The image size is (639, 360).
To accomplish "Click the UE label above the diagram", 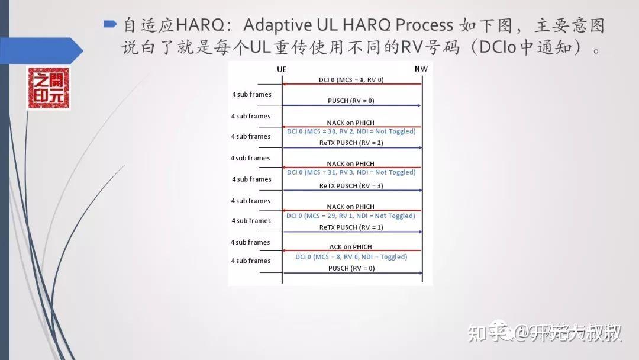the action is click(x=282, y=69).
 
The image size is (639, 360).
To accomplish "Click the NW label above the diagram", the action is click(x=421, y=69).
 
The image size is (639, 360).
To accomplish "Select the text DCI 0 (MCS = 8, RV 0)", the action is click(x=351, y=79).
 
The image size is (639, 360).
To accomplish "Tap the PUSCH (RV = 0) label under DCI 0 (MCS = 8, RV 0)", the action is click(x=351, y=101).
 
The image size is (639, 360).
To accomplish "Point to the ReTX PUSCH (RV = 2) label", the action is click(x=351, y=143).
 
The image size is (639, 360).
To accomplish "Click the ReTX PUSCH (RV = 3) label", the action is click(x=351, y=186).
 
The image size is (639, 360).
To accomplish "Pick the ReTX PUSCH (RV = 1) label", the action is click(x=351, y=227).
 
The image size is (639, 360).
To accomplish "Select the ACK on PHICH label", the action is click(x=351, y=246).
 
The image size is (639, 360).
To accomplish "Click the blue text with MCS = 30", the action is click(x=351, y=131).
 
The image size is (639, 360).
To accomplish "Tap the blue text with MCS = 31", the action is click(x=351, y=172).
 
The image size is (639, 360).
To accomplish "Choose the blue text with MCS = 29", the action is click(x=351, y=216).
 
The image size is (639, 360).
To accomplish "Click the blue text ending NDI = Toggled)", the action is click(x=351, y=257).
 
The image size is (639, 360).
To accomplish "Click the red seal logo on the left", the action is click(x=49, y=88).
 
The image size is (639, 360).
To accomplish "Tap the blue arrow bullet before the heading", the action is click(x=110, y=24).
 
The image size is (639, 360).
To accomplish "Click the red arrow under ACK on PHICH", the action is click(x=351, y=251).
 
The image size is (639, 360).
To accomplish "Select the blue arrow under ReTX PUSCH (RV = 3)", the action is click(x=351, y=191).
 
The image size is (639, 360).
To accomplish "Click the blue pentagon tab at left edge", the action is click(x=41, y=50).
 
